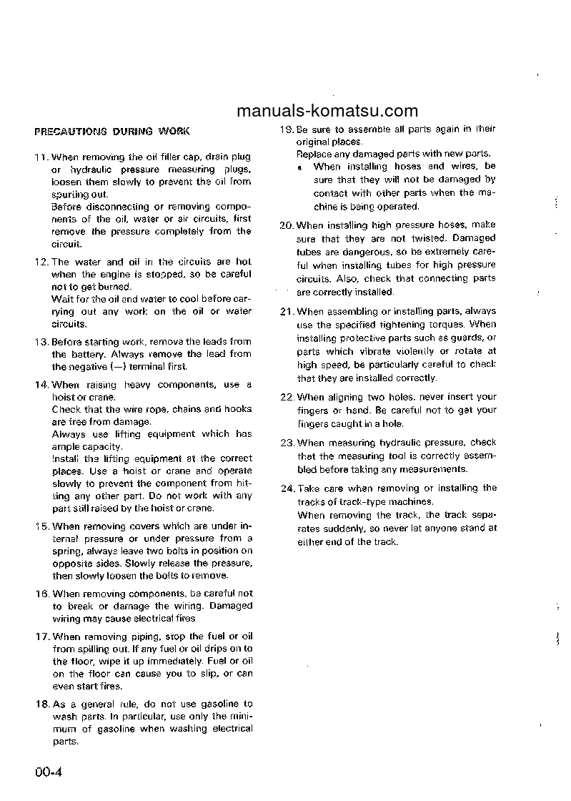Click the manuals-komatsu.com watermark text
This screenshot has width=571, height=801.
pos(326,111)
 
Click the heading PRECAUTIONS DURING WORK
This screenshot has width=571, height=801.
pos(112,132)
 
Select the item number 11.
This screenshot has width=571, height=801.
pos(41,157)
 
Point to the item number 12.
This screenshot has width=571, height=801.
pos(41,262)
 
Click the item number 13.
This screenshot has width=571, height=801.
pos(41,342)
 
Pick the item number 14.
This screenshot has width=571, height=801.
pos(41,385)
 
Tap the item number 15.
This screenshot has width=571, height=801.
pos(41,526)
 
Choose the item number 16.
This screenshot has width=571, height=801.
pos(41,594)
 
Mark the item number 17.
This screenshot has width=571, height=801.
pos(41,637)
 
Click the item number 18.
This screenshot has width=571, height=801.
pos(41,704)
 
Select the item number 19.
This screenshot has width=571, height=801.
pos(287,129)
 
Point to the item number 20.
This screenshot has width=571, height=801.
pos(287,225)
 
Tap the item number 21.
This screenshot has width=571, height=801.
pos(287,312)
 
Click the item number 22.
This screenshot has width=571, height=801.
pos(287,397)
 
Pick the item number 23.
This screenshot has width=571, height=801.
pos(287,443)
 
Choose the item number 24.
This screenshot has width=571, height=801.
pos(287,488)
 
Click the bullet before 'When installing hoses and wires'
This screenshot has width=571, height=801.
pos(301,167)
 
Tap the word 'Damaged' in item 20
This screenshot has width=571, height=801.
pos(473,238)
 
